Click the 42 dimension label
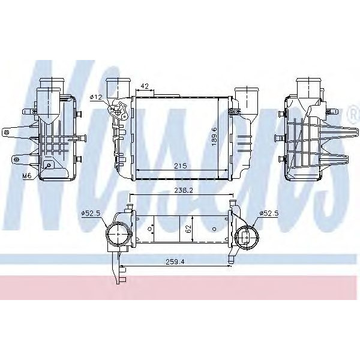pos(145,86)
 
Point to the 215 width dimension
pos(180,166)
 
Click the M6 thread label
pos(26,176)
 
